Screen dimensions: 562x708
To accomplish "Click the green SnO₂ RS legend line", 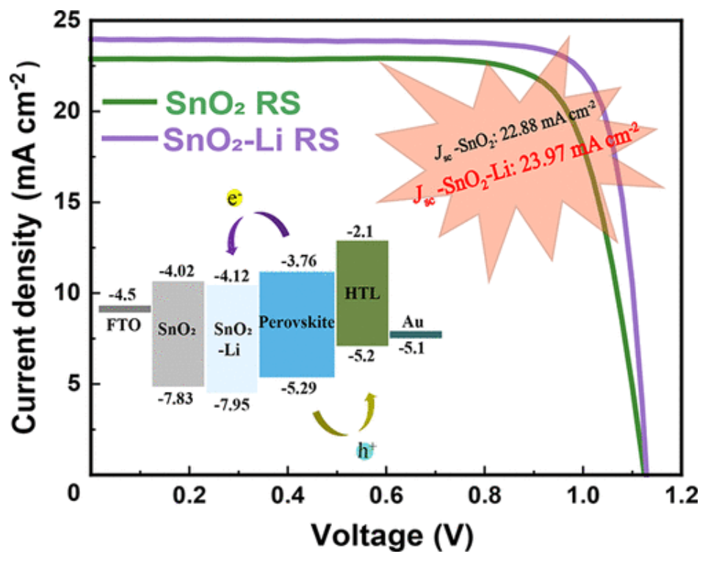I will point(129,102).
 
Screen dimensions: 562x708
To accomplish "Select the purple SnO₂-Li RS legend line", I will point(129,139).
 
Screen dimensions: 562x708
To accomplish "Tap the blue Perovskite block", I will point(297,324).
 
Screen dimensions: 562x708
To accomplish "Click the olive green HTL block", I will point(362,293).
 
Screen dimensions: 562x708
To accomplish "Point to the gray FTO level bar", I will point(124,309).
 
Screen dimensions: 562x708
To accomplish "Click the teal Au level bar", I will point(416,335).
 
